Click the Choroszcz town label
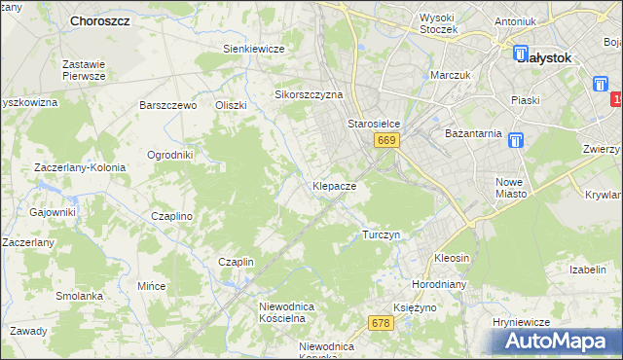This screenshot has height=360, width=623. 101,20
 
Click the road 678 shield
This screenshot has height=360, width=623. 381,323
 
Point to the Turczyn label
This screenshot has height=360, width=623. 381,234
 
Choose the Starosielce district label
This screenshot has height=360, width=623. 375,125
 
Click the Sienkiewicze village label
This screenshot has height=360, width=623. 253,49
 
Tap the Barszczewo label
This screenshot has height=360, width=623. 168,105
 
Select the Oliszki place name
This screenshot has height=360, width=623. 232,105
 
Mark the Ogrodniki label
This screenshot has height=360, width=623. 169,155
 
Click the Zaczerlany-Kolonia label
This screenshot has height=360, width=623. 80,167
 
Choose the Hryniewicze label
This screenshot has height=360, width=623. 522,322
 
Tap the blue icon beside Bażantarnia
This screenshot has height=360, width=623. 516,140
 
